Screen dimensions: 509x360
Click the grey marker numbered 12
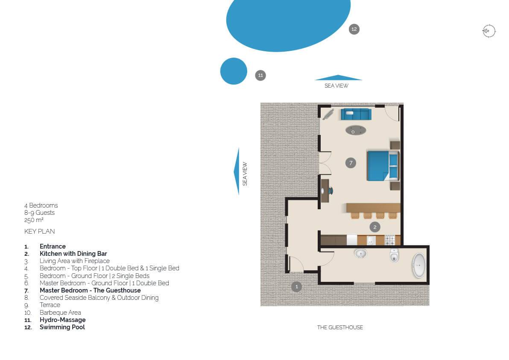(354, 29)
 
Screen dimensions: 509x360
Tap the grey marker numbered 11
(260, 76)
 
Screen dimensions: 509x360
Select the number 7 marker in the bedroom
(351, 163)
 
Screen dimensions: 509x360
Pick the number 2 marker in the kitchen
(375, 227)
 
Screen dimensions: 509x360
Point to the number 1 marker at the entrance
(296, 287)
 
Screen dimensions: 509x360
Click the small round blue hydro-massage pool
(234, 71)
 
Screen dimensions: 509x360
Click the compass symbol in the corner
(489, 31)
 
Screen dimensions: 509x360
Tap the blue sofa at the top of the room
(356, 114)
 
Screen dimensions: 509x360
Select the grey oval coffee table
(356, 131)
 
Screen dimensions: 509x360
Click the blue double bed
(383, 166)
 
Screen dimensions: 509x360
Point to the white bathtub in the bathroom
(419, 266)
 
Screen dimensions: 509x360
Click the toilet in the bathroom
(394, 255)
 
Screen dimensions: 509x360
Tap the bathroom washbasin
(360, 253)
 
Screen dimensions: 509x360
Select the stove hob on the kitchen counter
(390, 240)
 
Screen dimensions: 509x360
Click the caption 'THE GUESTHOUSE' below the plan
(340, 328)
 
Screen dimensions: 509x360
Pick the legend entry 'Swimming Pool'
(62, 327)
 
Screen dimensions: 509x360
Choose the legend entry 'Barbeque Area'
(60, 313)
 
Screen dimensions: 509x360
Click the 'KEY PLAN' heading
(40, 231)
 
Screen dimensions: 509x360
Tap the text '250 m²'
(34, 220)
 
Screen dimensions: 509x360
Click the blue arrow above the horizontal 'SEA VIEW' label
(338, 78)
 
